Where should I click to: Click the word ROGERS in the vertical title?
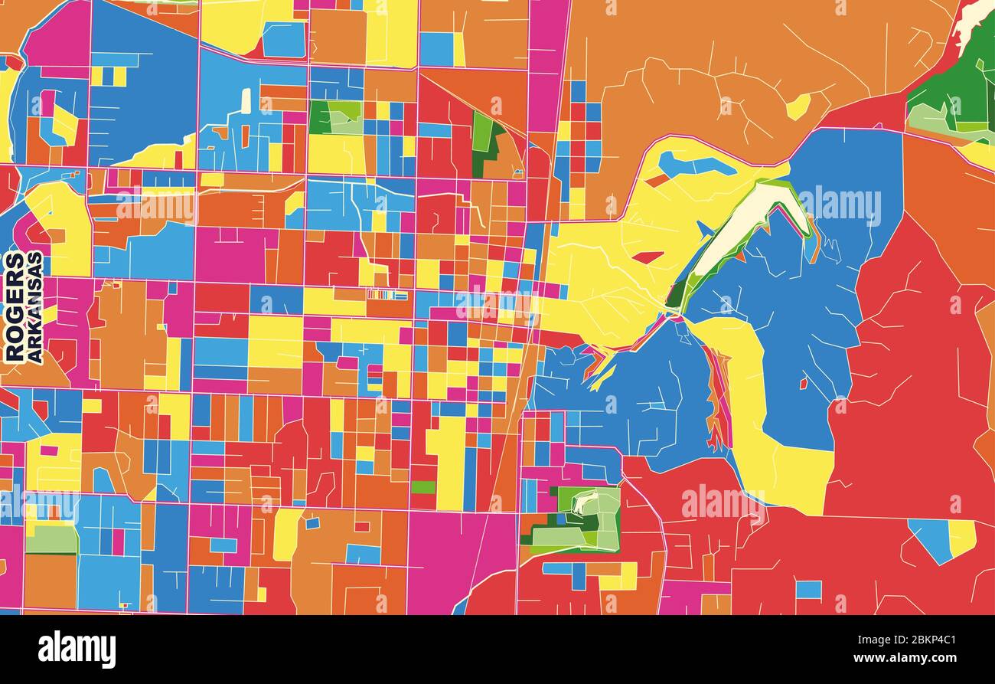(14, 306)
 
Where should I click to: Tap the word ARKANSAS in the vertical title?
(34, 306)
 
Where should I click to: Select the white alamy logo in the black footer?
(77, 650)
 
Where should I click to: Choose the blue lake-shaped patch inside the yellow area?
(693, 163)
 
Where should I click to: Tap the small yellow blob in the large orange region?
(798, 106)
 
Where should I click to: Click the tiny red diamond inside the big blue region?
(803, 383)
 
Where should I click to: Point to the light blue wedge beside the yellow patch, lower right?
(931, 538)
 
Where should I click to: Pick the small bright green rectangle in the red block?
(422, 487)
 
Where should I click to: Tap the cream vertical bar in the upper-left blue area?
(245, 101)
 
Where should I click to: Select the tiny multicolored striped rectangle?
(387, 295)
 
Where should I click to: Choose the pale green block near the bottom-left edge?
(51, 538)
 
